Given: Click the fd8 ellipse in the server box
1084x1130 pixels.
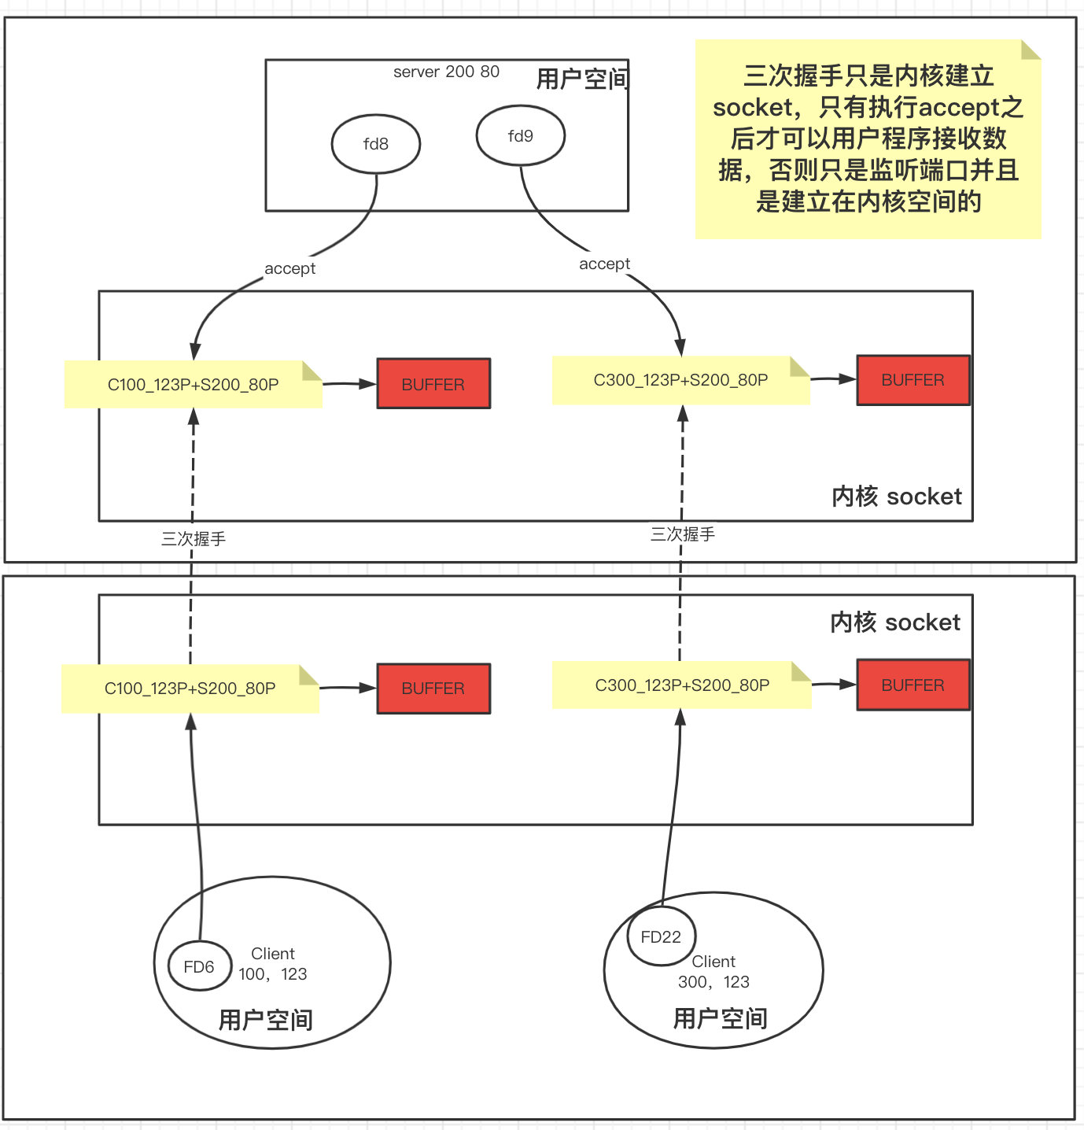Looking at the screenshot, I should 376,144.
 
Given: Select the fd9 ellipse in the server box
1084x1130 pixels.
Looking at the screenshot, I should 520,136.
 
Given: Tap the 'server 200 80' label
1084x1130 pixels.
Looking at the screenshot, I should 446,72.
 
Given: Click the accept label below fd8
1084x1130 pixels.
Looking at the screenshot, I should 289,268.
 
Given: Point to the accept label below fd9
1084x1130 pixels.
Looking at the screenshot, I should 604,264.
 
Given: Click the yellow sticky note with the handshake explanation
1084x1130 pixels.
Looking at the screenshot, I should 868,139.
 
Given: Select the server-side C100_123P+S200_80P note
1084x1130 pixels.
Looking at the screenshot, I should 193,385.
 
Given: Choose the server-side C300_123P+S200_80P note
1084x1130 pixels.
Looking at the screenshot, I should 680,380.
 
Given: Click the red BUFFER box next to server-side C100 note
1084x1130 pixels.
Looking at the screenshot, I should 433,384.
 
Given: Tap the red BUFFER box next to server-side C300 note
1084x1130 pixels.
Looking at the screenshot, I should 913,380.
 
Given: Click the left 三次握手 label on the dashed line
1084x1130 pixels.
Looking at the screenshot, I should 194,539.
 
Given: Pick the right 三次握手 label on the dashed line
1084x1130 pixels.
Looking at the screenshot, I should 682,534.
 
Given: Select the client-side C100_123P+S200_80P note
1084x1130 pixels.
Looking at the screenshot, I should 190,689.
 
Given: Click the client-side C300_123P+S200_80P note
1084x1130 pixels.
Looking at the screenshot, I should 681,685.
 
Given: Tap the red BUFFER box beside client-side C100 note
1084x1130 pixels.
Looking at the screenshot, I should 433,689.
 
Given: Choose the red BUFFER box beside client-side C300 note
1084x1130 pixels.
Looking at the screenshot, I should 913,685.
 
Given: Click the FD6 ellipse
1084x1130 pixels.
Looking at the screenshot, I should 199,966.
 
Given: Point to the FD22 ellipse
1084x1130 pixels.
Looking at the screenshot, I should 661,936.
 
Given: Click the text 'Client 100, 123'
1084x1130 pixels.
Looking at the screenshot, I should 273,964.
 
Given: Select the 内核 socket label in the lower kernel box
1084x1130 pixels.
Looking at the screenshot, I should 895,622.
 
